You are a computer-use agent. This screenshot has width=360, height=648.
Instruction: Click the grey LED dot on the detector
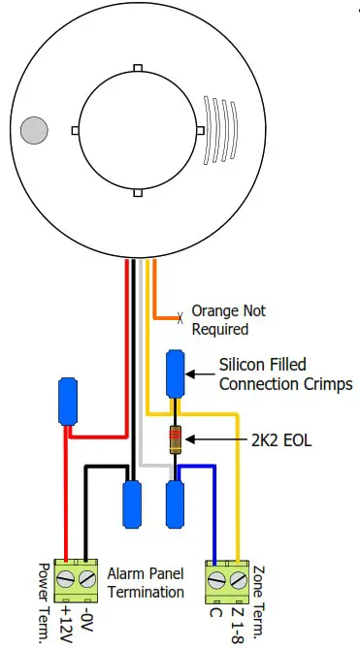(34, 129)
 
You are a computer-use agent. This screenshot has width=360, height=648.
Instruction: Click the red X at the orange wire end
(179, 317)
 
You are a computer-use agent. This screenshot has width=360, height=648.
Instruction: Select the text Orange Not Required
(228, 320)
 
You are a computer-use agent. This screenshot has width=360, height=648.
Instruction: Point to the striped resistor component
(176, 440)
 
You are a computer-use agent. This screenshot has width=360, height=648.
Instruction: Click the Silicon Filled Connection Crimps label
(285, 374)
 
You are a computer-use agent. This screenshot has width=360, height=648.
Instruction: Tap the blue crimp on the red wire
(68, 402)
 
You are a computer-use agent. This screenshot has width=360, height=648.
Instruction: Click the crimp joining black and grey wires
(132, 502)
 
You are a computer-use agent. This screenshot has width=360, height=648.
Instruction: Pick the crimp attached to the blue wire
(176, 502)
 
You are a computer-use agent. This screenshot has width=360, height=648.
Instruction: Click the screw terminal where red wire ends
(66, 579)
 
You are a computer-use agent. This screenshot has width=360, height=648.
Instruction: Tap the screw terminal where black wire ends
(87, 579)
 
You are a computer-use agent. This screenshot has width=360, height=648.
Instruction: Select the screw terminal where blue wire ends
(217, 579)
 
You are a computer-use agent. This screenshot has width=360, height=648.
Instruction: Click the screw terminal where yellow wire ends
(239, 579)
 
